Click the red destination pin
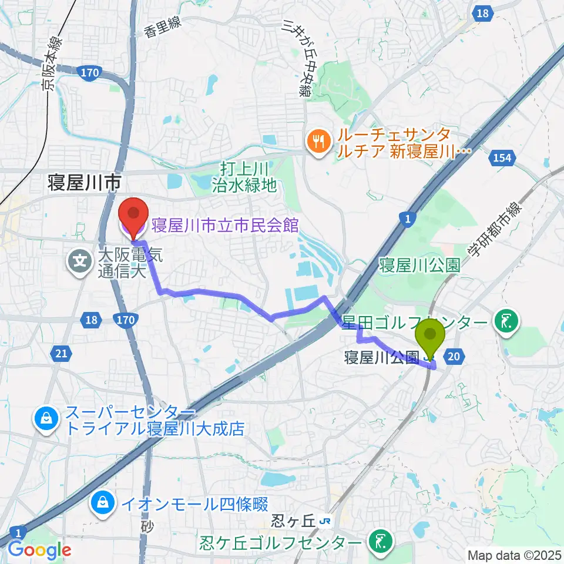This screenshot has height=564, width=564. [x=134, y=216]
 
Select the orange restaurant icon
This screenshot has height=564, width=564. [x=318, y=142]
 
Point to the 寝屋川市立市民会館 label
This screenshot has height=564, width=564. [x=225, y=224]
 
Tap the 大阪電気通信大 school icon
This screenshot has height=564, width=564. [x=78, y=258]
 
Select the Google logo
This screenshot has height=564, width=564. [x=39, y=549]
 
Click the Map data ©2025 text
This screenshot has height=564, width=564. [x=515, y=555]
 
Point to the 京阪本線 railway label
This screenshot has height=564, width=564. [x=51, y=65]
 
